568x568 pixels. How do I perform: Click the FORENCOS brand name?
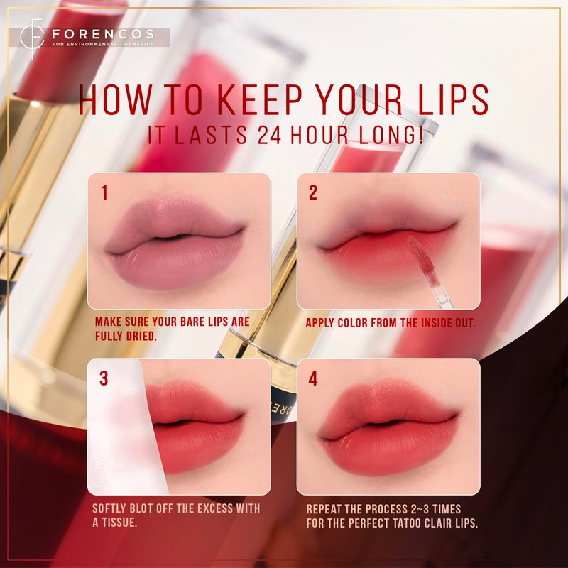[103, 34]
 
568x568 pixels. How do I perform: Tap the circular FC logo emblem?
[32, 38]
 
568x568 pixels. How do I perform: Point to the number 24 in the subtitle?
[269, 135]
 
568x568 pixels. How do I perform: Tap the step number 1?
[104, 192]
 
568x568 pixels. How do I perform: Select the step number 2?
[313, 192]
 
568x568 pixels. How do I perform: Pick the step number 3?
[104, 378]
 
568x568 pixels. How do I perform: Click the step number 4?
[313, 378]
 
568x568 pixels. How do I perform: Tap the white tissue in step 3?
[125, 427]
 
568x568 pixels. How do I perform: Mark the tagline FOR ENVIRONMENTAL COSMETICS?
[103, 44]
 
